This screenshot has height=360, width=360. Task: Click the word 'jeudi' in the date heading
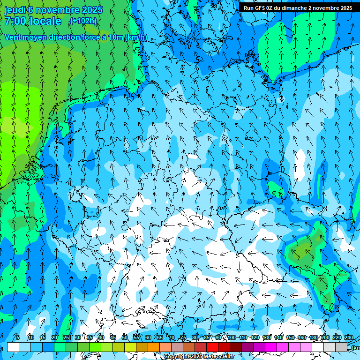coord(15,10)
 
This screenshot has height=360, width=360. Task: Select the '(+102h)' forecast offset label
coord(83,21)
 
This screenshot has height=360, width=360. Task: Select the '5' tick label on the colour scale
coord(18,337)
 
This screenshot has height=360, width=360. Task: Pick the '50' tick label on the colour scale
coord(125,337)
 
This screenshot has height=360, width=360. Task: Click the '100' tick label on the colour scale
coord(232,337)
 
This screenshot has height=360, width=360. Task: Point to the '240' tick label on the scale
coord(349,337)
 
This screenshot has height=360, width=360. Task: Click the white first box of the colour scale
coord(13,347)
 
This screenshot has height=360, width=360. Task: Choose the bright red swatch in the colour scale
coord(212,347)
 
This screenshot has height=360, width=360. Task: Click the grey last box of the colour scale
coord(341,347)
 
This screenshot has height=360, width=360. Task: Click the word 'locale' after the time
coord(47,21)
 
